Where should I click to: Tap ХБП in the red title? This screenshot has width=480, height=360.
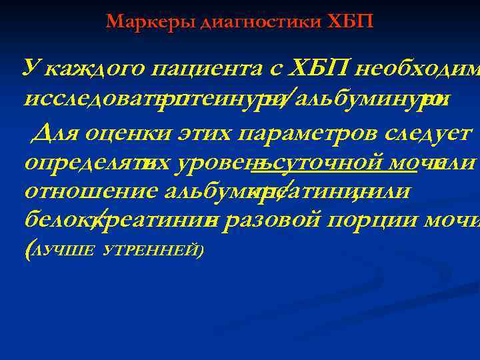pos(351,22)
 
